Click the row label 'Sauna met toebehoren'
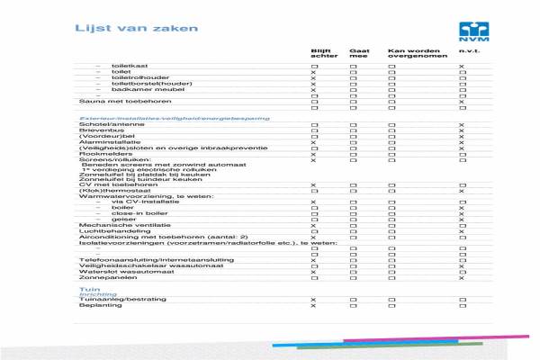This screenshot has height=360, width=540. [112, 103]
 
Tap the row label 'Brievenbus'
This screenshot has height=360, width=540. [96, 130]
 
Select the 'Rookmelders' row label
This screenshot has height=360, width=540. [99, 154]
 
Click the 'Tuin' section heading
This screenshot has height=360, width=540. [88, 290]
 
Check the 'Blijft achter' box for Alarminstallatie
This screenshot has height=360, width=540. [313, 142]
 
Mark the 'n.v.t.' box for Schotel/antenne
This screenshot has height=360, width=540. [462, 124]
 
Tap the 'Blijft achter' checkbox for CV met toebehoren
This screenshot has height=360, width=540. [313, 184]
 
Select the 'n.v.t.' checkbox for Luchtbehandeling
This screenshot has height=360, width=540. [462, 230]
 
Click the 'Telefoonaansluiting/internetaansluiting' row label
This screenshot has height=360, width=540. [144, 259]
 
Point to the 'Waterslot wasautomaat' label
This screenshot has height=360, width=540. [113, 271]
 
